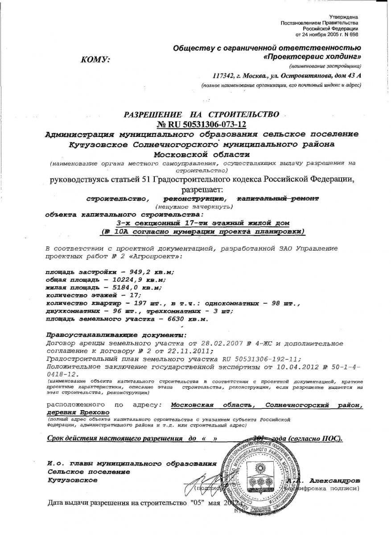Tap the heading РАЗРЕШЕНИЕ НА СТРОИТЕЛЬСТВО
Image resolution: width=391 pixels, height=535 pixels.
pos(202,115)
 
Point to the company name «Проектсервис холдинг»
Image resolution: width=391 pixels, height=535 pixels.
pos(313,57)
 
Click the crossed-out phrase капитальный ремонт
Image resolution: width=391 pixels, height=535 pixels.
pos(278,198)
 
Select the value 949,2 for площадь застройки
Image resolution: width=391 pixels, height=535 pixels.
pos(142,272)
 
